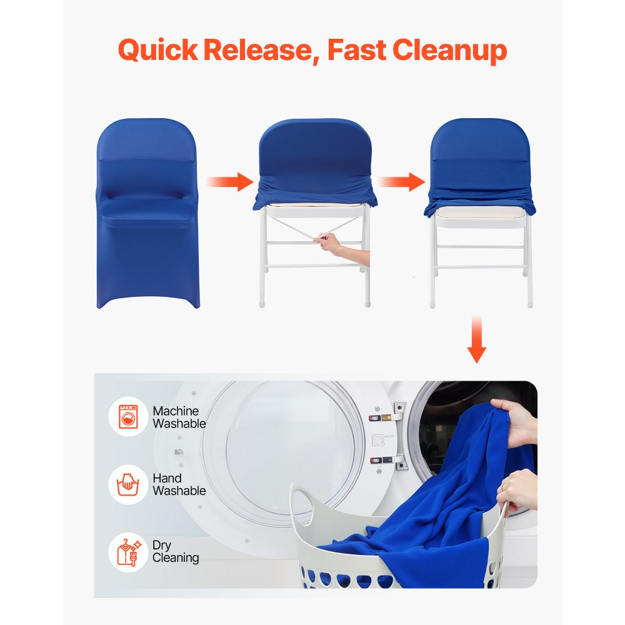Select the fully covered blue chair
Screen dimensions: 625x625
(x=147, y=212)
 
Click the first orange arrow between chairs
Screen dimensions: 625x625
(x=229, y=182)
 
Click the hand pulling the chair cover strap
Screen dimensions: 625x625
(x=331, y=243)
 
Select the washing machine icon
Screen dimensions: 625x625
(x=128, y=417)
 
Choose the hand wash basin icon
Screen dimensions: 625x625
(x=128, y=484)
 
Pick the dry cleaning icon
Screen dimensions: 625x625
(x=128, y=551)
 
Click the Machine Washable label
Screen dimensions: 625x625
(x=179, y=417)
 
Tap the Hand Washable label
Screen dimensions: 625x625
(x=179, y=484)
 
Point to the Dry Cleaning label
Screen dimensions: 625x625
(x=176, y=551)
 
